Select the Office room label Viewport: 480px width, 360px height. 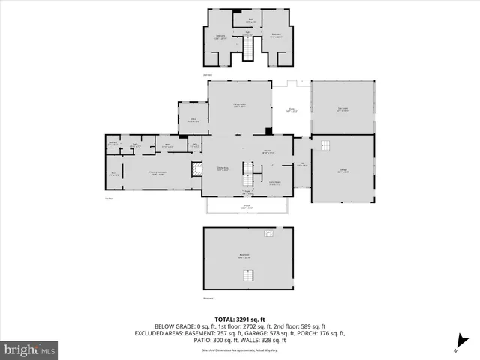(192, 121)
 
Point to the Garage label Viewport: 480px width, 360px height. (342, 170)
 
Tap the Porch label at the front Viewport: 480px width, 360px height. (247, 207)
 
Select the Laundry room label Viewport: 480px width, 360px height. (112, 144)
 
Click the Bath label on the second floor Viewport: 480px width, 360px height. (251, 19)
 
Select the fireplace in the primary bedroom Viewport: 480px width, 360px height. (196, 170)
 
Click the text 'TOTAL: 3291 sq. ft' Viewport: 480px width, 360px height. (239, 318)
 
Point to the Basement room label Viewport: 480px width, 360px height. (244, 256)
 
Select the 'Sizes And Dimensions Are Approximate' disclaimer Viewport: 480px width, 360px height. (239, 350)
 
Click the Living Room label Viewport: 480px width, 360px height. (275, 182)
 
